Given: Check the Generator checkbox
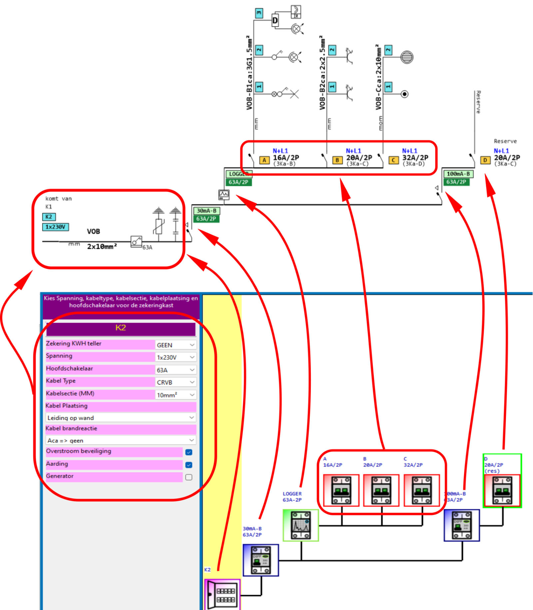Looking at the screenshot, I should [189, 477].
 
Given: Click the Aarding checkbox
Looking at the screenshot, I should [189, 465].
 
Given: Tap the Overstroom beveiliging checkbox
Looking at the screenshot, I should [189, 452].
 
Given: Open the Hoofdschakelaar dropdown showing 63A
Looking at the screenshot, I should [175, 370].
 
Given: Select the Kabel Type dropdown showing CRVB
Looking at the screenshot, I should [175, 382].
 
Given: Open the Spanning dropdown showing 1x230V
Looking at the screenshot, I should [175, 357].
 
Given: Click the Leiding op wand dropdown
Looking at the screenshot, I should [121, 417].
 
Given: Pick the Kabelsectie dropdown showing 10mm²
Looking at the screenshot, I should [175, 395].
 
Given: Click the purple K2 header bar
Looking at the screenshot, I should [121, 328].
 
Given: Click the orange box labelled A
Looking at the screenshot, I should [264, 160].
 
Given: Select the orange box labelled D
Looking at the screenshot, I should [485, 160].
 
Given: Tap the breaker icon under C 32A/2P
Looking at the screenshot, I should [421, 490].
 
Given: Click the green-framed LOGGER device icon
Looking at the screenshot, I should [300, 525].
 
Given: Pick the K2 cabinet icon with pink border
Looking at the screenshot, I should [222, 595].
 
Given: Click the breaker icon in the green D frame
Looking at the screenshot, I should [502, 490].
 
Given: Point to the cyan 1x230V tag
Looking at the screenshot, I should [55, 227].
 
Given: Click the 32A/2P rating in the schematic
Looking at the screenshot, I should [415, 158].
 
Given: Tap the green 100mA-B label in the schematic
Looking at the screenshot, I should [458, 174].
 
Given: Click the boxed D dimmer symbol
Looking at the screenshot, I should [275, 21].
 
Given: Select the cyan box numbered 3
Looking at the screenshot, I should [259, 13].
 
